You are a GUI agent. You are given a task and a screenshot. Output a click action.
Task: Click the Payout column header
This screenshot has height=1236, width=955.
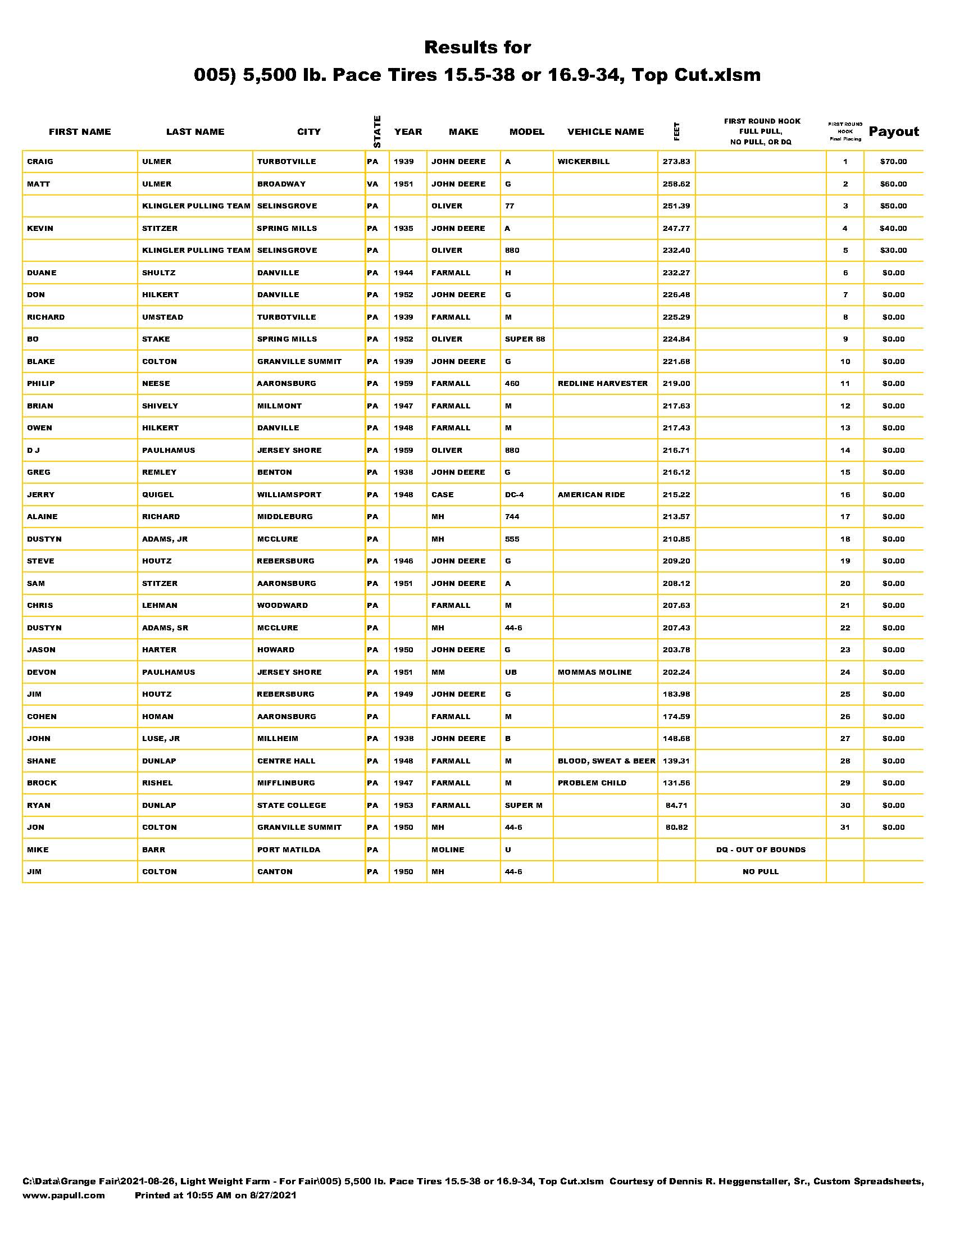[x=894, y=132]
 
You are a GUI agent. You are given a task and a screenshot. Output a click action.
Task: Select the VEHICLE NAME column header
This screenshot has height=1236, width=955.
[x=606, y=132]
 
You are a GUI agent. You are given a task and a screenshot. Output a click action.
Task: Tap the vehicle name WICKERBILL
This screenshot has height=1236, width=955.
[x=583, y=162]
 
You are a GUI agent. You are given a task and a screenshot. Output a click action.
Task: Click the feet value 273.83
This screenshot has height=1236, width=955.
[x=676, y=162]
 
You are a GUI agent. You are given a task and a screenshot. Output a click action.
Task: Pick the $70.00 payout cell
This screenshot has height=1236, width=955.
[x=893, y=162]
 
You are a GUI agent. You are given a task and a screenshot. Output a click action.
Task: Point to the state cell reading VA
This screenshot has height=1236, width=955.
[x=372, y=184]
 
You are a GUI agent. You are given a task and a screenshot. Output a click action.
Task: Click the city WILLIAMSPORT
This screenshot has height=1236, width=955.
[x=289, y=494]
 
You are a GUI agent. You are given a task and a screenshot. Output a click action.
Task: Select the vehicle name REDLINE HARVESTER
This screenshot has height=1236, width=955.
[x=603, y=384]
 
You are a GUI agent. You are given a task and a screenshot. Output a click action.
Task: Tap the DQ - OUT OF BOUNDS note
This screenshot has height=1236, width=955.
[x=761, y=849]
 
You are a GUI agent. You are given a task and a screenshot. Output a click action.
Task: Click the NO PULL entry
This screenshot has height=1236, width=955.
[x=761, y=871]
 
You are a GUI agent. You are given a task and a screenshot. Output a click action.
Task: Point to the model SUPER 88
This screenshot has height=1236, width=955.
[x=525, y=339]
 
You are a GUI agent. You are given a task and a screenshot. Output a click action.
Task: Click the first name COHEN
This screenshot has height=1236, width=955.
[x=42, y=716]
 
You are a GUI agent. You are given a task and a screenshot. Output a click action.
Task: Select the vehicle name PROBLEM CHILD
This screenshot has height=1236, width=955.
[x=592, y=783]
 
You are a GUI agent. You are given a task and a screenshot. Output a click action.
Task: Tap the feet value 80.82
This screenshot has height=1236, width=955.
[x=676, y=828]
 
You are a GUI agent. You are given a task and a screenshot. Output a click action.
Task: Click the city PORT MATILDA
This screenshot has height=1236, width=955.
[x=289, y=849]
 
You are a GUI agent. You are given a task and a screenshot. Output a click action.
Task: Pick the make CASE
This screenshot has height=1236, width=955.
[x=443, y=494]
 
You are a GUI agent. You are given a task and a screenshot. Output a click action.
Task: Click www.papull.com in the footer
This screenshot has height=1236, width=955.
[x=63, y=1195]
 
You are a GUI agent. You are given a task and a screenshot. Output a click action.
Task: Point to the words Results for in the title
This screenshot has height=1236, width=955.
[x=477, y=48]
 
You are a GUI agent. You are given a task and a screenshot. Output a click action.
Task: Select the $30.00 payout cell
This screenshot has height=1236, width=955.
[x=893, y=250]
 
